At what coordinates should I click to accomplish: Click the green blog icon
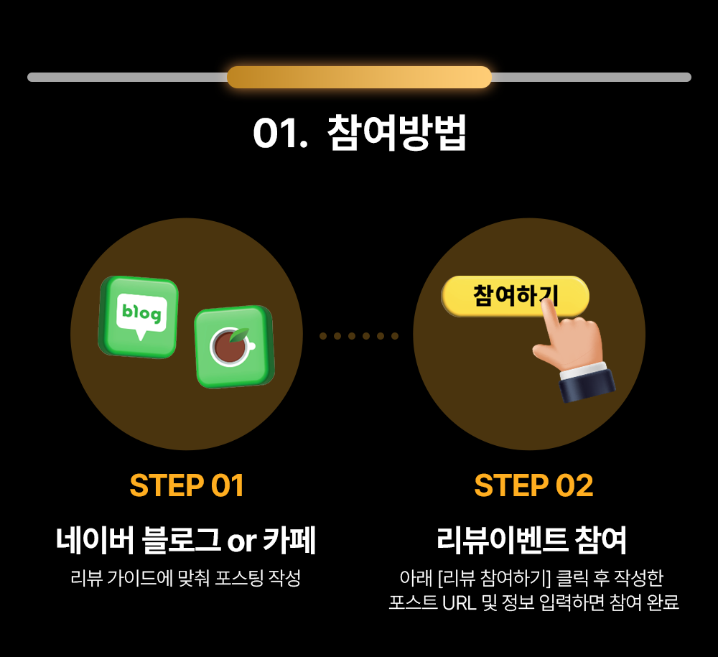click(139, 317)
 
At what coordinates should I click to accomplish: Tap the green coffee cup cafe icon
click(234, 347)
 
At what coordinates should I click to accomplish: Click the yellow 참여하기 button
click(515, 296)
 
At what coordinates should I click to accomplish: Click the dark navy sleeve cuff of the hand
click(588, 386)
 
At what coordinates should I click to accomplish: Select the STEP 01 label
click(187, 485)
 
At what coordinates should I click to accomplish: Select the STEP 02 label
click(533, 485)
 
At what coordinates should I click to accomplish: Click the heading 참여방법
click(397, 133)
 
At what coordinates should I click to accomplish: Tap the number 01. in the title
click(280, 134)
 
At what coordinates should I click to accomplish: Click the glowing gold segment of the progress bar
click(360, 77)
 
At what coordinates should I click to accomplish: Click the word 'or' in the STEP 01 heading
click(242, 542)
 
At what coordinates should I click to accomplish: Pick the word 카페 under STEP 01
click(289, 540)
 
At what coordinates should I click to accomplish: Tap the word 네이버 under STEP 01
click(95, 540)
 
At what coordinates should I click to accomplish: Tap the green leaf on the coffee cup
click(240, 335)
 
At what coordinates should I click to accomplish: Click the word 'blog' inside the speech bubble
click(141, 313)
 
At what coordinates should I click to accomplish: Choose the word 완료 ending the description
click(663, 602)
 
